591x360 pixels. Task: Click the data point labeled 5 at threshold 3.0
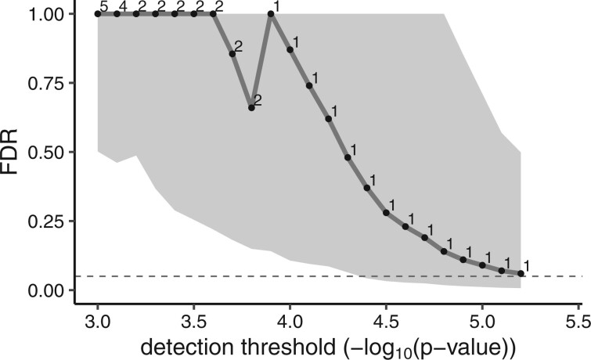[98, 13]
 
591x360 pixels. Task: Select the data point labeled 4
[117, 13]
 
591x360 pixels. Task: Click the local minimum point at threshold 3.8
[251, 107]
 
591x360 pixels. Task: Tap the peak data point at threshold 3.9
[271, 13]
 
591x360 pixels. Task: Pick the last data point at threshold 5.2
[521, 273]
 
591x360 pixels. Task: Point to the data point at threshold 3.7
[232, 53]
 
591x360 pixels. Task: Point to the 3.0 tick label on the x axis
[98, 320]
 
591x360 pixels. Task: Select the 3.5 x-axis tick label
[194, 320]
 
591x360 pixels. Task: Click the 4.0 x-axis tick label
[290, 320]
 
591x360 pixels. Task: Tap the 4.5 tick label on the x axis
[386, 320]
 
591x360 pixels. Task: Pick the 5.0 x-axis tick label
[481, 320]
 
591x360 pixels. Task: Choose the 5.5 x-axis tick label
[578, 320]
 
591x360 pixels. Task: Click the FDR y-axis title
[14, 152]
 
